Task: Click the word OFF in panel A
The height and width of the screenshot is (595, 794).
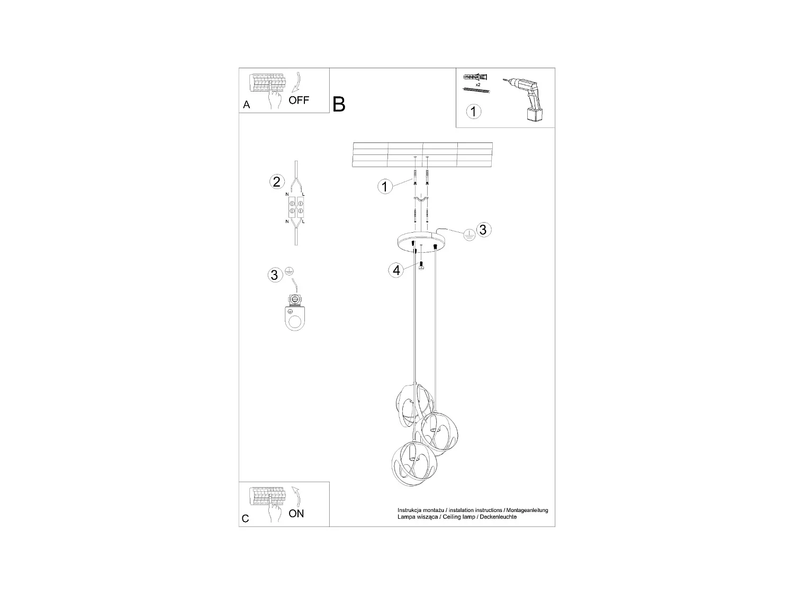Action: [299, 100]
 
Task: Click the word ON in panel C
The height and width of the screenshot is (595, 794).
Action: [296, 513]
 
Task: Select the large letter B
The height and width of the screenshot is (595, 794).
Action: [339, 104]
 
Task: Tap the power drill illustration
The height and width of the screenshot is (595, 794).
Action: [527, 100]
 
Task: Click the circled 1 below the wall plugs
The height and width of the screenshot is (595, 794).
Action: [474, 112]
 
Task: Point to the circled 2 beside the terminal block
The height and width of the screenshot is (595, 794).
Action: [276, 182]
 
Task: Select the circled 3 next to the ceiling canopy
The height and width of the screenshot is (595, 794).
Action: [482, 230]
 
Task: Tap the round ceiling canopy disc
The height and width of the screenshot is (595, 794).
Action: [422, 242]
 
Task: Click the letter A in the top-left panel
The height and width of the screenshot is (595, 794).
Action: [246, 105]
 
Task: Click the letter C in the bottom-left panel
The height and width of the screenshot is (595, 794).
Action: [246, 518]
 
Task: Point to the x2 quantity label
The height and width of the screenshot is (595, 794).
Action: [478, 85]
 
